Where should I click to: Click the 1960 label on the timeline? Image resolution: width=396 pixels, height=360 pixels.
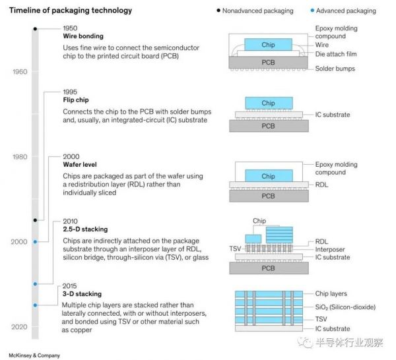[x=20, y=71]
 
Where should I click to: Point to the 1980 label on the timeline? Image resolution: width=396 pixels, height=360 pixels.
[x=20, y=157]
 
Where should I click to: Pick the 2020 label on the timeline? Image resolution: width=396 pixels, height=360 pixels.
[x=20, y=327]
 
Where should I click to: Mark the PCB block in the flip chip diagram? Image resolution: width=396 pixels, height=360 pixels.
[x=268, y=126]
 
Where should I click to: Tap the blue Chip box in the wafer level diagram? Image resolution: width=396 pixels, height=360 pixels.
[x=268, y=176]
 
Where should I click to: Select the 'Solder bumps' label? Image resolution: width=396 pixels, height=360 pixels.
[x=335, y=69]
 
